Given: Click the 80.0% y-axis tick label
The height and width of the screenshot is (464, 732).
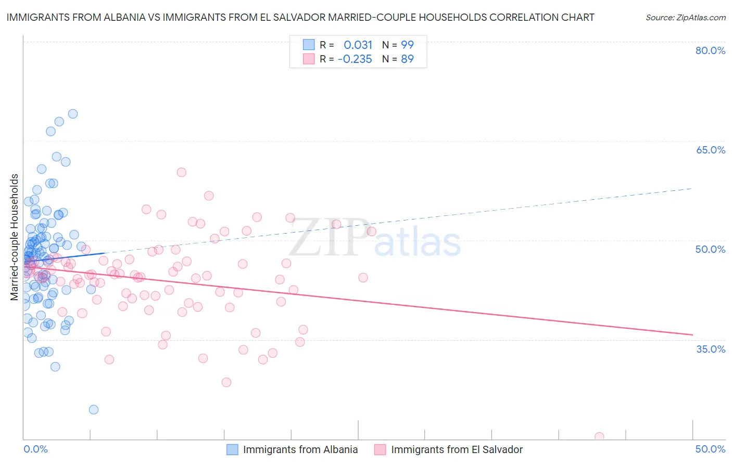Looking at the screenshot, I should tap(710, 50).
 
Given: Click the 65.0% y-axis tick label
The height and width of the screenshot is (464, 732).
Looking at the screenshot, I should tap(710, 150).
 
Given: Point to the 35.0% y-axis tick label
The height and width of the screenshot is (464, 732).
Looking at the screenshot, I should tap(710, 349).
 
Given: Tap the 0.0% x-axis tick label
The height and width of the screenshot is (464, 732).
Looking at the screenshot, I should tap(35, 449).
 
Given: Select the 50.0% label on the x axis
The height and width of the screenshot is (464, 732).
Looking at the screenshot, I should tap(710, 449).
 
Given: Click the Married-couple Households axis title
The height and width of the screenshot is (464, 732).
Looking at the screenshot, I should tap(15, 237).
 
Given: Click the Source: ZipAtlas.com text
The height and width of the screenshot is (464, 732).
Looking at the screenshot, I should tap(685, 17).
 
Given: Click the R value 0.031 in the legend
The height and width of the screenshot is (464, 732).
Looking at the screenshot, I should tap(358, 45).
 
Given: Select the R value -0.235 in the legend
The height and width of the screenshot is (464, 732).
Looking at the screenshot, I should tap(355, 59).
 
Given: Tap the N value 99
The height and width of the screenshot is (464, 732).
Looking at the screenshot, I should tap(407, 45).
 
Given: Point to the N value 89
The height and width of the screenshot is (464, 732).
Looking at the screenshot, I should tap(407, 59).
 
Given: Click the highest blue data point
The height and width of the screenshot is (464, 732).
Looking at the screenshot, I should tap(73, 114).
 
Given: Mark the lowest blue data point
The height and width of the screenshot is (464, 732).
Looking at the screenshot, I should tap(94, 409).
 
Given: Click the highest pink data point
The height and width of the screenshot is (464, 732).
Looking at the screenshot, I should tap(181, 172).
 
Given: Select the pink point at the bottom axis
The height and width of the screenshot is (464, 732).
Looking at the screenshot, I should tap(599, 437).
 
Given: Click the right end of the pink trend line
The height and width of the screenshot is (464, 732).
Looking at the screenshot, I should tap(692, 334).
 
